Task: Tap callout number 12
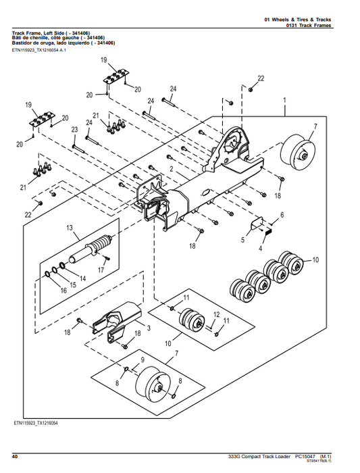coord(216,315)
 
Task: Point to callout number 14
coord(82,278)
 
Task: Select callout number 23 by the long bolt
coord(74,129)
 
